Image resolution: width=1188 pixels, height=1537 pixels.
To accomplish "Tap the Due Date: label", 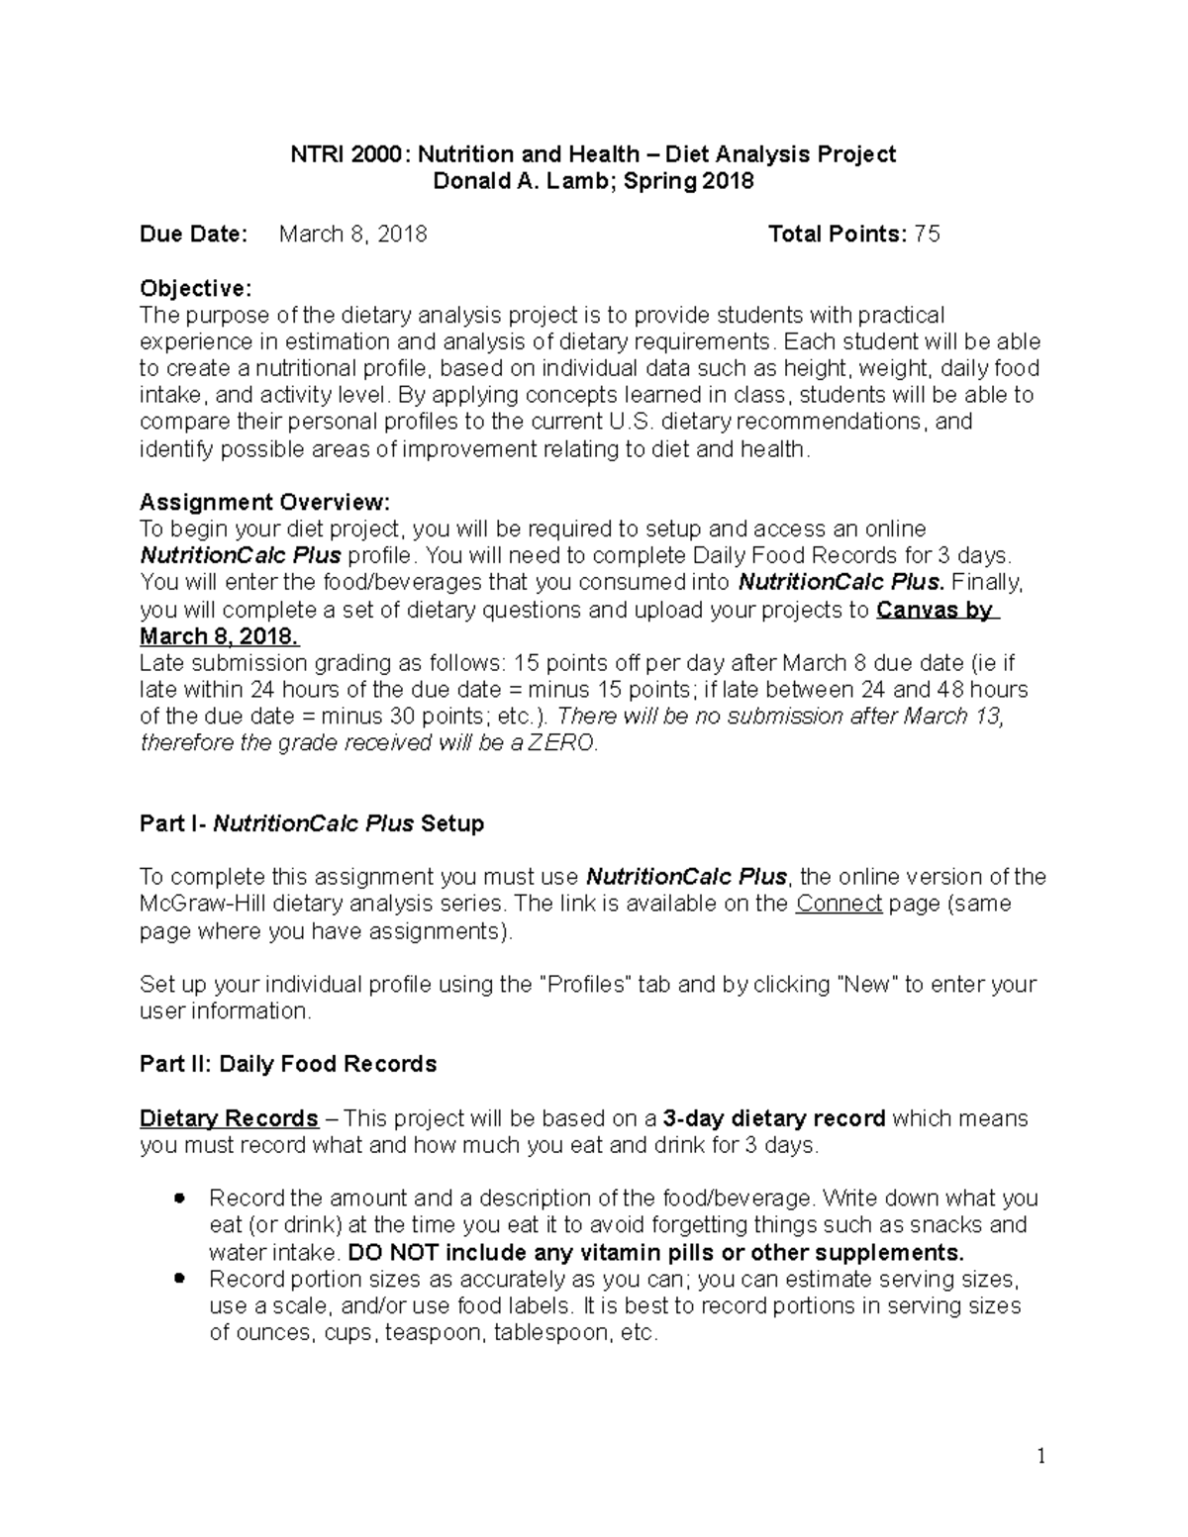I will tap(192, 235).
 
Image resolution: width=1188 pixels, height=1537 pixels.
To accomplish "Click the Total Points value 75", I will tap(927, 235).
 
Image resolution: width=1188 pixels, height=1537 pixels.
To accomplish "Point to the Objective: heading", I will tap(195, 288).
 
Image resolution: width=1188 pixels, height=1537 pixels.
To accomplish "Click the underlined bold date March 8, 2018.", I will tap(219, 636).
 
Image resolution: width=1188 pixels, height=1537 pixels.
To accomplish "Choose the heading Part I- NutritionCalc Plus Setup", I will tap(312, 823).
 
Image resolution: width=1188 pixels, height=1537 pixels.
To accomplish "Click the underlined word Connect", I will tap(839, 904).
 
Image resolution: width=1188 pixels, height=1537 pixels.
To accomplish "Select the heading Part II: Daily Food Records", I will tap(288, 1065).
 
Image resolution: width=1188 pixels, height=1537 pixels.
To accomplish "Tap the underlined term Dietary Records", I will tap(229, 1118).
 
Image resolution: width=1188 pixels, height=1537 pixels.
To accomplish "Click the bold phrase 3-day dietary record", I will tap(774, 1118).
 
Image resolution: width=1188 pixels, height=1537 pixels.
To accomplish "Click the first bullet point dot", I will tap(179, 1198).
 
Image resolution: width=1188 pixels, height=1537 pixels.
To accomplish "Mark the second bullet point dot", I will tap(179, 1278).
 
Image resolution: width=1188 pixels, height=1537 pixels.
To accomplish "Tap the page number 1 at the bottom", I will tap(1040, 1457).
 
